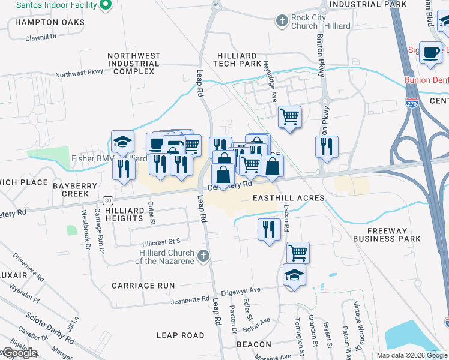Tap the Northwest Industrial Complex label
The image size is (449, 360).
[x=134, y=63]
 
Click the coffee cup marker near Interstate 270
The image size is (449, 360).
[x=430, y=53]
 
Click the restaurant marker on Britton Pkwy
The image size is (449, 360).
[x=327, y=146]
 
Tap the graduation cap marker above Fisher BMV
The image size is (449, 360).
[x=122, y=142]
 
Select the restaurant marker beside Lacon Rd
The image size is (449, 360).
[x=269, y=229]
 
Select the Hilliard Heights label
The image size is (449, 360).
[x=124, y=215]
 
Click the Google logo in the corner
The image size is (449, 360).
[x=19, y=353]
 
